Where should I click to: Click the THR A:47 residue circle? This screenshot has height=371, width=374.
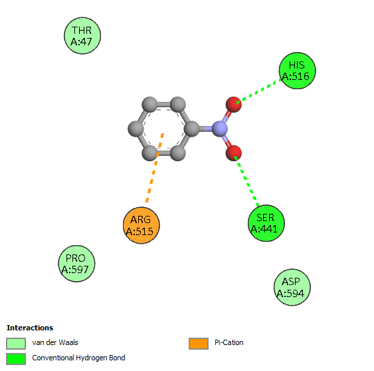82,36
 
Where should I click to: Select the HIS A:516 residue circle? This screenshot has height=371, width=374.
298,71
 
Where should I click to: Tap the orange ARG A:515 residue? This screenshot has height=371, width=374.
141,225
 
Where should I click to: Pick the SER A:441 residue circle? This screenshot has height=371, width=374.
266,223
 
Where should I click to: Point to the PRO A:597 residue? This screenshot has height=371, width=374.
76,264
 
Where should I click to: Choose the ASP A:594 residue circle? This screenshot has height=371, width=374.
292,287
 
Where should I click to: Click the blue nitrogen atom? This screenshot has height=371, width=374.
220,129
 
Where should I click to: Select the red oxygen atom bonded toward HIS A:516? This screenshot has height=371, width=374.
234,105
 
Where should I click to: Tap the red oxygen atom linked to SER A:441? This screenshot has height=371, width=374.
234,153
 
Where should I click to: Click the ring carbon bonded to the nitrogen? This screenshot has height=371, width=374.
191,129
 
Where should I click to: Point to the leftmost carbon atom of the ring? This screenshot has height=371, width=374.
136,129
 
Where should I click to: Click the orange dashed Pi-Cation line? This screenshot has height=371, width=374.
155,168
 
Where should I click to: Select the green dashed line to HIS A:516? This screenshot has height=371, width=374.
260,91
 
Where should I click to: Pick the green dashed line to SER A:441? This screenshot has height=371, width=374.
246,181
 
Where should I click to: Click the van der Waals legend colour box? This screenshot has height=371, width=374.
16,344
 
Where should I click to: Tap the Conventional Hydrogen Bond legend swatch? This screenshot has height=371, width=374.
16,359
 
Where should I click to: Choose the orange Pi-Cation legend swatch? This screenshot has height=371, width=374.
199,344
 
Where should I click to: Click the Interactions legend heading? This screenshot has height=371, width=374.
30,328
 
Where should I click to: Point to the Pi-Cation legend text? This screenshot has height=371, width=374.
229,342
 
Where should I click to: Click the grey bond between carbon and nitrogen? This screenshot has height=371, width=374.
206,129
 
